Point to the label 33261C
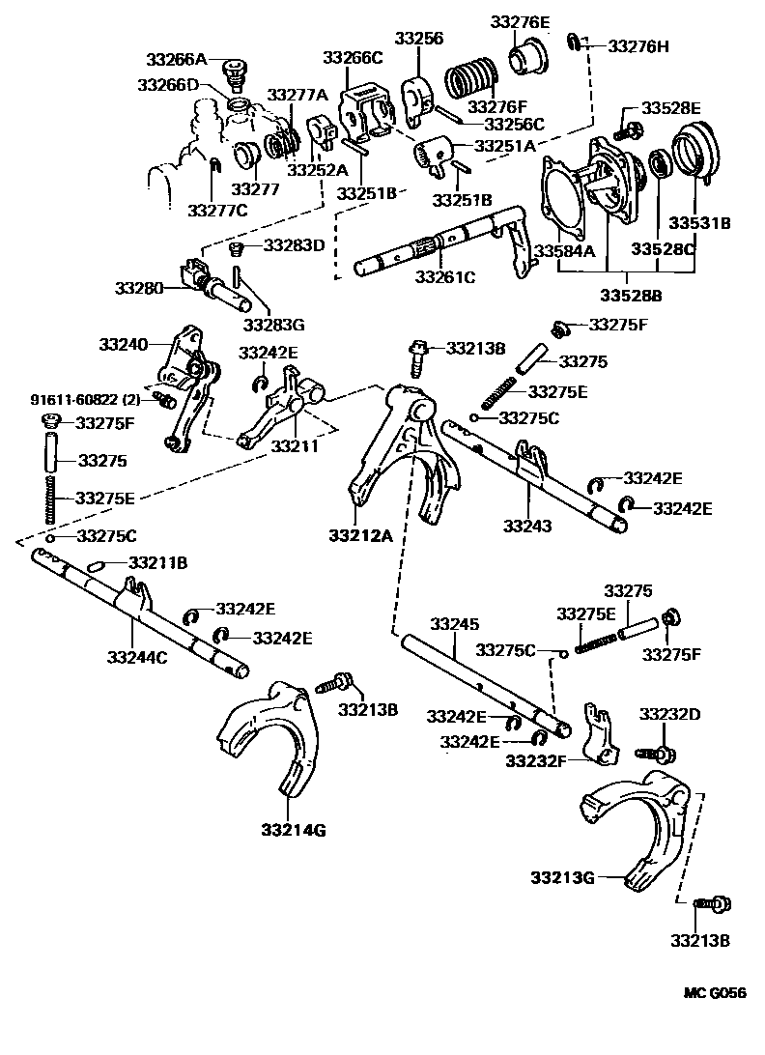click(445, 277)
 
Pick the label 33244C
click(137, 658)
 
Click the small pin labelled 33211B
click(99, 564)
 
